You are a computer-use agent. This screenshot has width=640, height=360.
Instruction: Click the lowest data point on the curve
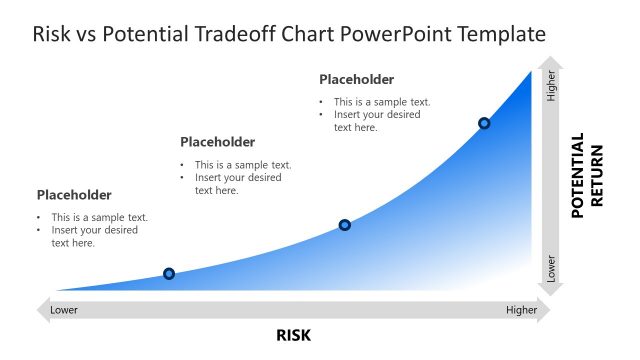tap(169, 274)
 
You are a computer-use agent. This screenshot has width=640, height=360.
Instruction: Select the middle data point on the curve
tap(345, 225)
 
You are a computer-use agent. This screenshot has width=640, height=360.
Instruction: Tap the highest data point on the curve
tap(484, 123)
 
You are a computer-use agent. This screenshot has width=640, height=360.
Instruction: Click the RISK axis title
tap(294, 335)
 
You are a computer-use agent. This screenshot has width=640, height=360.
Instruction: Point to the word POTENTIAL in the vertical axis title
tap(577, 176)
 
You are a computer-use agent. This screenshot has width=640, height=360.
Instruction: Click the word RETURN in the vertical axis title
tap(597, 176)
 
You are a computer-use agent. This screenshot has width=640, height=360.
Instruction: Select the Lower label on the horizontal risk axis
tap(64, 310)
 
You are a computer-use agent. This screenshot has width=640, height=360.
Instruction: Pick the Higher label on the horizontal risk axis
tap(521, 310)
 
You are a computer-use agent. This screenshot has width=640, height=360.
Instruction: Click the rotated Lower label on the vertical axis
tap(551, 268)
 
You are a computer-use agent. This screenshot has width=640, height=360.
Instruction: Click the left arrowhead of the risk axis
tap(42, 310)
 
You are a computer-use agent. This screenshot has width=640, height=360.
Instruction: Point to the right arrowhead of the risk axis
tap(545, 310)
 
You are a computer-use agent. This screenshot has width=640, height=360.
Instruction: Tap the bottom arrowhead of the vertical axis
tap(551, 291)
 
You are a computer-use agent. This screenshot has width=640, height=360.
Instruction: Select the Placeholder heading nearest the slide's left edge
tap(74, 195)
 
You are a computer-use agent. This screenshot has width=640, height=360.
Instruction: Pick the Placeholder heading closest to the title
tap(356, 80)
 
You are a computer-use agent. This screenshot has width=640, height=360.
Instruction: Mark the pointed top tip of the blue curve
tap(531, 71)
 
